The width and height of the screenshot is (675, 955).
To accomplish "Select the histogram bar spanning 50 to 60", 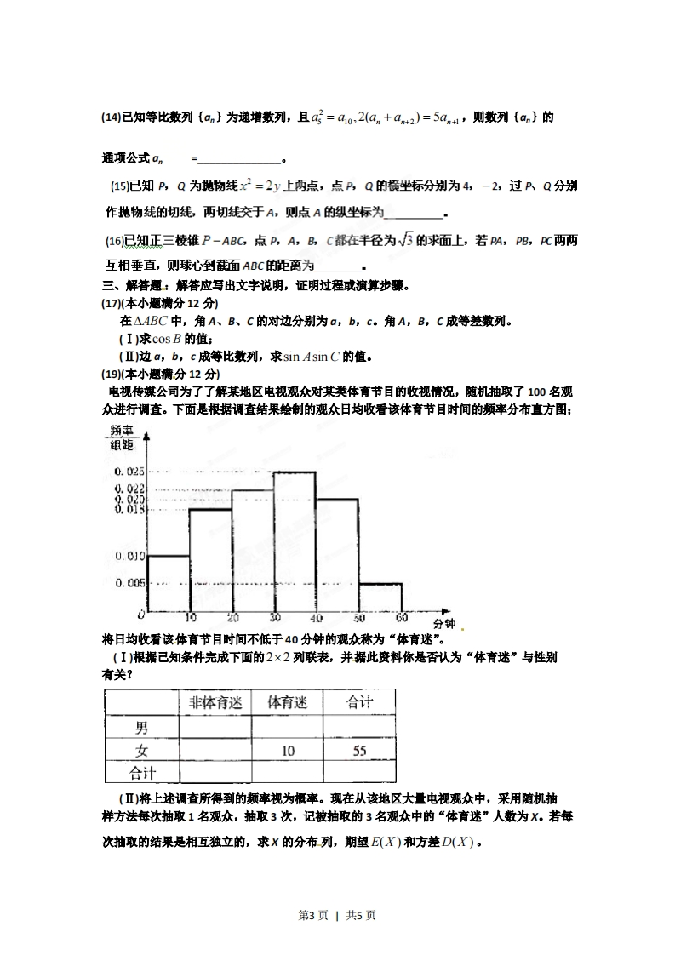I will point(380,598).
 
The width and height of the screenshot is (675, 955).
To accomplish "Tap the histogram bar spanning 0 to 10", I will point(168,583).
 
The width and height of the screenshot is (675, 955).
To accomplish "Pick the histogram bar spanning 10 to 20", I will point(209,560).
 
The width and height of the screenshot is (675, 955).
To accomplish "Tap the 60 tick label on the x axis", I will point(402,618).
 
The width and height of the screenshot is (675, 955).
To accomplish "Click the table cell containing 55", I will point(358,751).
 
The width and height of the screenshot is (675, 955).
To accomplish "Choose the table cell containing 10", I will point(288,751).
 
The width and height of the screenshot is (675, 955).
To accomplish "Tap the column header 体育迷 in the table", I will point(288,703).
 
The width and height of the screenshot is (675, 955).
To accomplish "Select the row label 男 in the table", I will point(141,728).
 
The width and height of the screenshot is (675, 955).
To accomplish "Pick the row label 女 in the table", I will point(141,751).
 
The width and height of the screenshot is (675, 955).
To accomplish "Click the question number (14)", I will point(111,117).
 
